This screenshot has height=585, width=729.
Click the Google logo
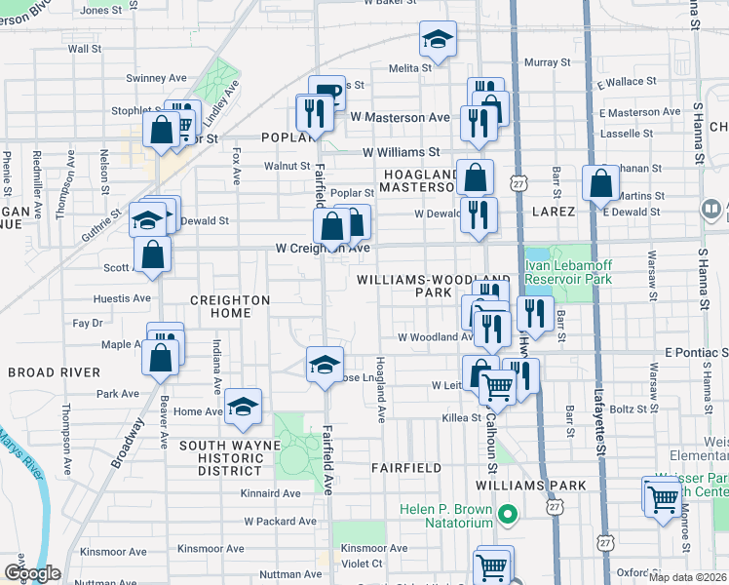tap(32, 573)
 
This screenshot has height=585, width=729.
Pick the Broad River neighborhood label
tap(54, 372)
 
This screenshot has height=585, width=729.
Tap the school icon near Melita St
tap(438, 40)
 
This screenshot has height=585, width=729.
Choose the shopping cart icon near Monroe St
tap(663, 496)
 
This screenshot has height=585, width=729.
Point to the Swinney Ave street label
tap(156, 78)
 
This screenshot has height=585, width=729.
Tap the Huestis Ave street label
tap(122, 298)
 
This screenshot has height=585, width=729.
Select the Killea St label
tap(461, 417)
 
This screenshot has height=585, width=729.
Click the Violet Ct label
tap(362, 563)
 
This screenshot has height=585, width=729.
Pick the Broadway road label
tap(128, 444)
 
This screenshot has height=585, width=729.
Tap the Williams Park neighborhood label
tap(530, 486)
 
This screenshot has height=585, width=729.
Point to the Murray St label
tap(540, 62)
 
